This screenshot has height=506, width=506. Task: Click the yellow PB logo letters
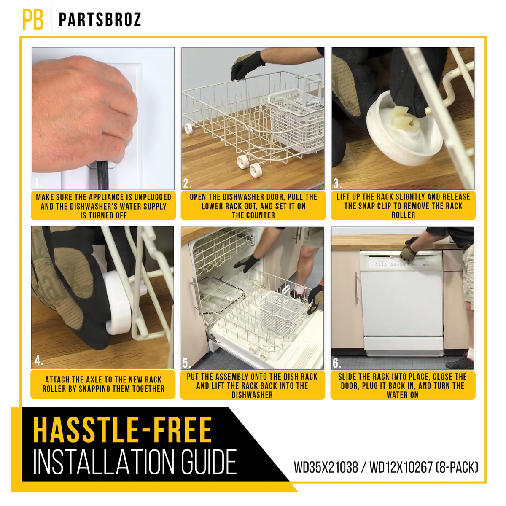point(33,19)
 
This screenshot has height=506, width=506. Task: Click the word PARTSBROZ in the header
point(100,19)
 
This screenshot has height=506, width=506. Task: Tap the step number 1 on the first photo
point(38,183)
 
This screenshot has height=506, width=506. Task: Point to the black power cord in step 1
point(102,175)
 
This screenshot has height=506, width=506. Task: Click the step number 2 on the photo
point(187,183)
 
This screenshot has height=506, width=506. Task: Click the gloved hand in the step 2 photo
point(248,65)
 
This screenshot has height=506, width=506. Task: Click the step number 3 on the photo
point(337,183)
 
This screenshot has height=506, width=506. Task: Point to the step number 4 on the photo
point(39,361)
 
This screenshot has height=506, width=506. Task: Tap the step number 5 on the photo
point(187,363)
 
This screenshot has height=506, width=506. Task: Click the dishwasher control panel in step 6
point(401,261)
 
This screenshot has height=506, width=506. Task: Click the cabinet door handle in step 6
point(357,288)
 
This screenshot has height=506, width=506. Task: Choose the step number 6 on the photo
point(337,363)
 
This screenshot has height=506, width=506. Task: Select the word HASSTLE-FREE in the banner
point(122,430)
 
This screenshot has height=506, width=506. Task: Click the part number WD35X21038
point(326,467)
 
